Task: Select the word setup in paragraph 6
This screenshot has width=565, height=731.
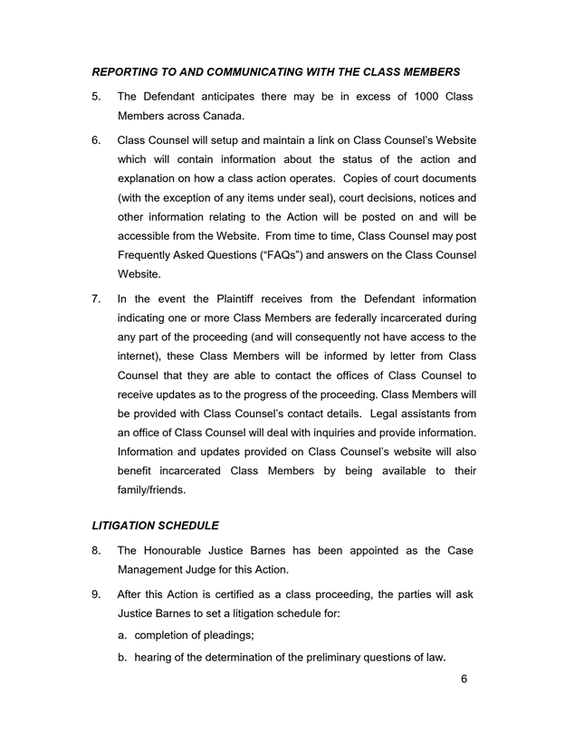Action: click(x=221, y=140)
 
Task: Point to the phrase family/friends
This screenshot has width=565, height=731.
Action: click(x=151, y=490)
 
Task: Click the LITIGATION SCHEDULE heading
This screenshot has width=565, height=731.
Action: click(x=155, y=525)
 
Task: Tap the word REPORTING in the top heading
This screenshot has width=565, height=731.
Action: click(x=131, y=72)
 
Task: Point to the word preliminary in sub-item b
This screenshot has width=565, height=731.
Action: click(x=327, y=658)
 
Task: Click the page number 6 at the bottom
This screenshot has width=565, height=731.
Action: click(x=464, y=680)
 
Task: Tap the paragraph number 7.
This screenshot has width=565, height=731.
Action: click(x=96, y=299)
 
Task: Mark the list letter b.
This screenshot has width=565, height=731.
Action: click(x=122, y=658)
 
